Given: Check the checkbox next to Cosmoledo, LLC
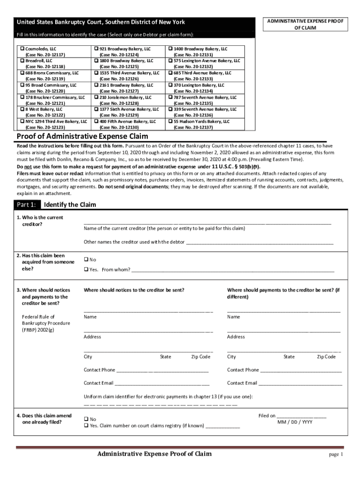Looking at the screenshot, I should (22, 49).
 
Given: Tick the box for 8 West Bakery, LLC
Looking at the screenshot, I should (22, 109).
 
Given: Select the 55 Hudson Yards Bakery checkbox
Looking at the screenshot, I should (170, 121).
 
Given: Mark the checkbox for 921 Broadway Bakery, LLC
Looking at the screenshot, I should (96, 49).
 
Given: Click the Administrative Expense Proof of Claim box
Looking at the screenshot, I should (304, 25).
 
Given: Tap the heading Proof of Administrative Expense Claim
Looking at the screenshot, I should (82, 137).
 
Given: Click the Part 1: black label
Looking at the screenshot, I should (26, 205).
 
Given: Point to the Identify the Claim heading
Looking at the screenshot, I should (70, 205).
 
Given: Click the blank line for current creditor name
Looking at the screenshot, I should (207, 223).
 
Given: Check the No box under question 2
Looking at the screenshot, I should (86, 259).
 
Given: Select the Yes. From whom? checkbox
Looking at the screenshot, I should (86, 269).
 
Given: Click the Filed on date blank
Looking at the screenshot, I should (302, 415).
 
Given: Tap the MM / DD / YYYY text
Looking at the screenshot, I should (295, 422).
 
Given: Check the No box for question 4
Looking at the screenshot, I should (86, 419).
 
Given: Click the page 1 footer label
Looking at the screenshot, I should (336, 455).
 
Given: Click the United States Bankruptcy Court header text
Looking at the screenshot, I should (101, 22).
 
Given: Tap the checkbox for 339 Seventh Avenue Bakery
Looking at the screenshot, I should (170, 109).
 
